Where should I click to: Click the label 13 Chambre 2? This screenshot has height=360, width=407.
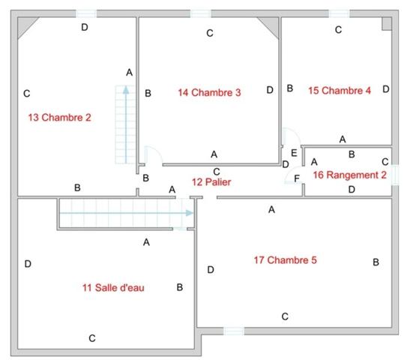59,117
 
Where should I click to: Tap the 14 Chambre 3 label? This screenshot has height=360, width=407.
209,93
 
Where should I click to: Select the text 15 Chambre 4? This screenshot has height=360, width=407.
340,91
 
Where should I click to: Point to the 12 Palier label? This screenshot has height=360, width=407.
211,181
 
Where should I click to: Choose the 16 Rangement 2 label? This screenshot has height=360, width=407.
349,175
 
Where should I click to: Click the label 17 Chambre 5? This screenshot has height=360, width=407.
285,260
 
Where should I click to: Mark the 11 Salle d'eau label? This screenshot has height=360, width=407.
113,287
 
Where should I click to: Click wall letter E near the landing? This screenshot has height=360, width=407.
294,152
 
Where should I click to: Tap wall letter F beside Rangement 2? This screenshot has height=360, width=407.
297,178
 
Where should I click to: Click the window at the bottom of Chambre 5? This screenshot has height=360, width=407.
234,330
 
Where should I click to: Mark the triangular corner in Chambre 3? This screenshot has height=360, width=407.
268,26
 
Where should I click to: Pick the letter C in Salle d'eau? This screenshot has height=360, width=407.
92,338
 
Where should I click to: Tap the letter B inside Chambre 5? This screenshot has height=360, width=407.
376,262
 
